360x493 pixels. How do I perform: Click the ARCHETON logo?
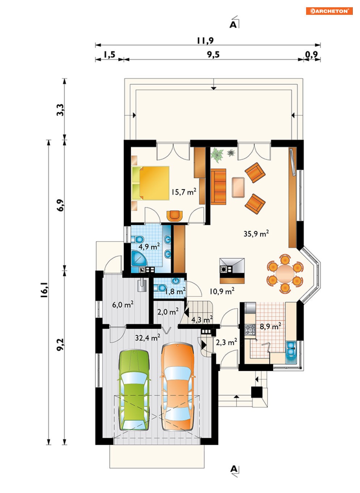pyautogui.click(x=329, y=11)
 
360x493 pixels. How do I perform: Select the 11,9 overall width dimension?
pyautogui.click(x=205, y=41)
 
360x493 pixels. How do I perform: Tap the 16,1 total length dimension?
pyautogui.click(x=44, y=290)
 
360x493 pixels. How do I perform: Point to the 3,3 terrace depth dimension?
pyautogui.click(x=60, y=110)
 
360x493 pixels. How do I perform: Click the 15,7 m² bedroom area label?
pyautogui.click(x=184, y=192)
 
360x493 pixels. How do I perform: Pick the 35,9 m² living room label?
pyautogui.click(x=256, y=233)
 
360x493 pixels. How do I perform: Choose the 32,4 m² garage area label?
pyautogui.click(x=147, y=338)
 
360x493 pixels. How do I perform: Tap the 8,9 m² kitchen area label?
pyautogui.click(x=270, y=326)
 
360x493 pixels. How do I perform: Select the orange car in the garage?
pyautogui.click(x=178, y=387)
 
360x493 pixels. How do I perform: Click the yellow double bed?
pyautogui.click(x=151, y=183)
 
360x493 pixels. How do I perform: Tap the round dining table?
pyautogui.click(x=285, y=274)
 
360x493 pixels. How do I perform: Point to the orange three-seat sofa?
pyautogui.click(x=218, y=187)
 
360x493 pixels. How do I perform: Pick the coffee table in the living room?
pyautogui.click(x=238, y=187)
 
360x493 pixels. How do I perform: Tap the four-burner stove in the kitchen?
pyautogui.click(x=250, y=330)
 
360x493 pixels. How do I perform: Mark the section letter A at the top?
pyautogui.click(x=233, y=25)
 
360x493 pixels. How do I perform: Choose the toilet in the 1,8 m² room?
pyautogui.click(x=160, y=287)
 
